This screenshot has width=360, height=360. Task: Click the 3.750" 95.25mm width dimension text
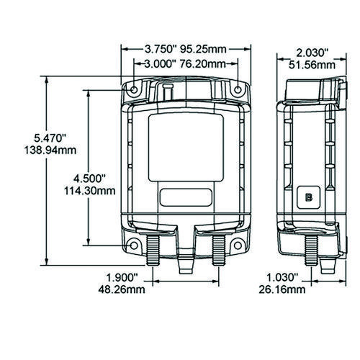point(186,49)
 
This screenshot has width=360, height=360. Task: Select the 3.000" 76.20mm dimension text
point(185,64)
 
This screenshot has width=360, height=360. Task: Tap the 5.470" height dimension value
point(50,138)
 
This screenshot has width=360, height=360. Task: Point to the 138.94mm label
point(50,150)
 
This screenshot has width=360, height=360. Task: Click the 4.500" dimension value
point(89,179)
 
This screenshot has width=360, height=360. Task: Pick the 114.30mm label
point(89,191)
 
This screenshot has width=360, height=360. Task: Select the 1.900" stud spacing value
point(122,278)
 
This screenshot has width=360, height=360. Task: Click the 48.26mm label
point(122,289)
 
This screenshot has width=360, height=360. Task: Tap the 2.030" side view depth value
point(312,53)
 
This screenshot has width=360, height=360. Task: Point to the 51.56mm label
point(312,65)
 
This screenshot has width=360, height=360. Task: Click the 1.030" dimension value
point(282,278)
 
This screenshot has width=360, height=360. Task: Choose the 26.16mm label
point(282,289)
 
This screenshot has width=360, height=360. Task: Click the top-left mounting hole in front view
point(134,90)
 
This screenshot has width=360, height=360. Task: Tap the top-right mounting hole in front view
point(238,90)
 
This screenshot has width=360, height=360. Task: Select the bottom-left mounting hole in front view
point(134,246)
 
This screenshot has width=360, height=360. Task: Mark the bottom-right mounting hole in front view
point(238,246)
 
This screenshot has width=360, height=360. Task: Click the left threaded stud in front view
point(153,250)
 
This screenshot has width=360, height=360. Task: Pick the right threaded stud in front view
point(219,250)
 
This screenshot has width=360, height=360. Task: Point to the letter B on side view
point(309,197)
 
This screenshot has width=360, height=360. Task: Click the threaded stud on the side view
point(311,250)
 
